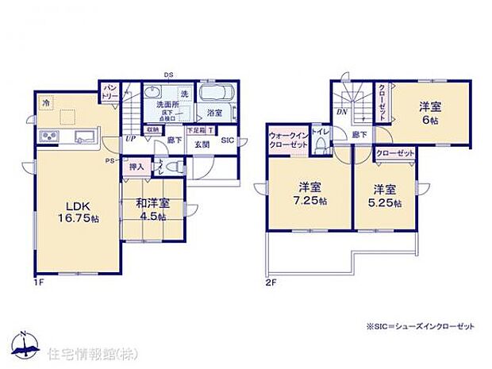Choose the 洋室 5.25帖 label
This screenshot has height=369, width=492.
(x=386, y=195)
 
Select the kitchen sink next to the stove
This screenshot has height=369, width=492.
(x=83, y=139)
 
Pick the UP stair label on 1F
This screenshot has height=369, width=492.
(x=129, y=138)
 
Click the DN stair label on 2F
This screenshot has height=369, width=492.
(x=341, y=113)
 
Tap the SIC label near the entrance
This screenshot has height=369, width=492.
(x=226, y=140)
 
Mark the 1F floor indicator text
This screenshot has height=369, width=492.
(x=39, y=282)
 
